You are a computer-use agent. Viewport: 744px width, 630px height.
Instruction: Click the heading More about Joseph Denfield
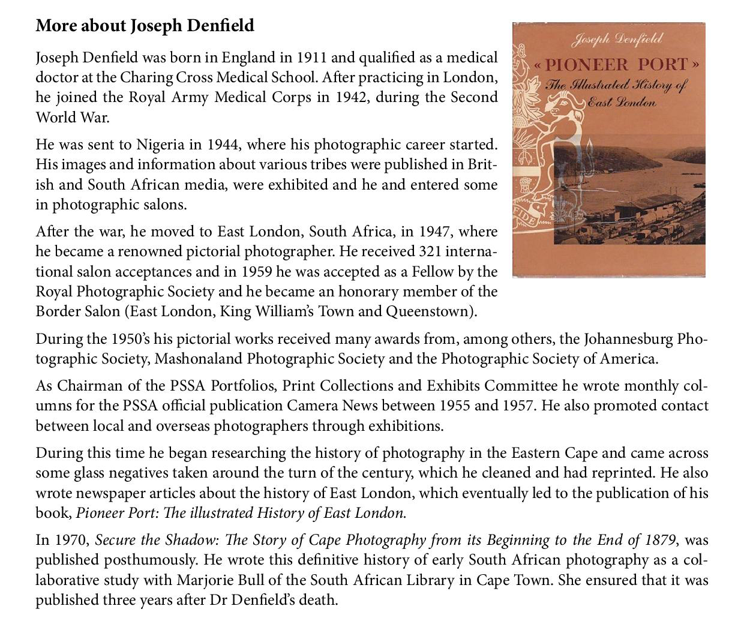[x=145, y=26]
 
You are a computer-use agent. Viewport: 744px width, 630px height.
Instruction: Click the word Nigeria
[x=160, y=145]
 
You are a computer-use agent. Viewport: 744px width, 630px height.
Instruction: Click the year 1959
[x=256, y=272]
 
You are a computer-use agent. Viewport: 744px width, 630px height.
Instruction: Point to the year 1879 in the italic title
[x=661, y=540]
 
